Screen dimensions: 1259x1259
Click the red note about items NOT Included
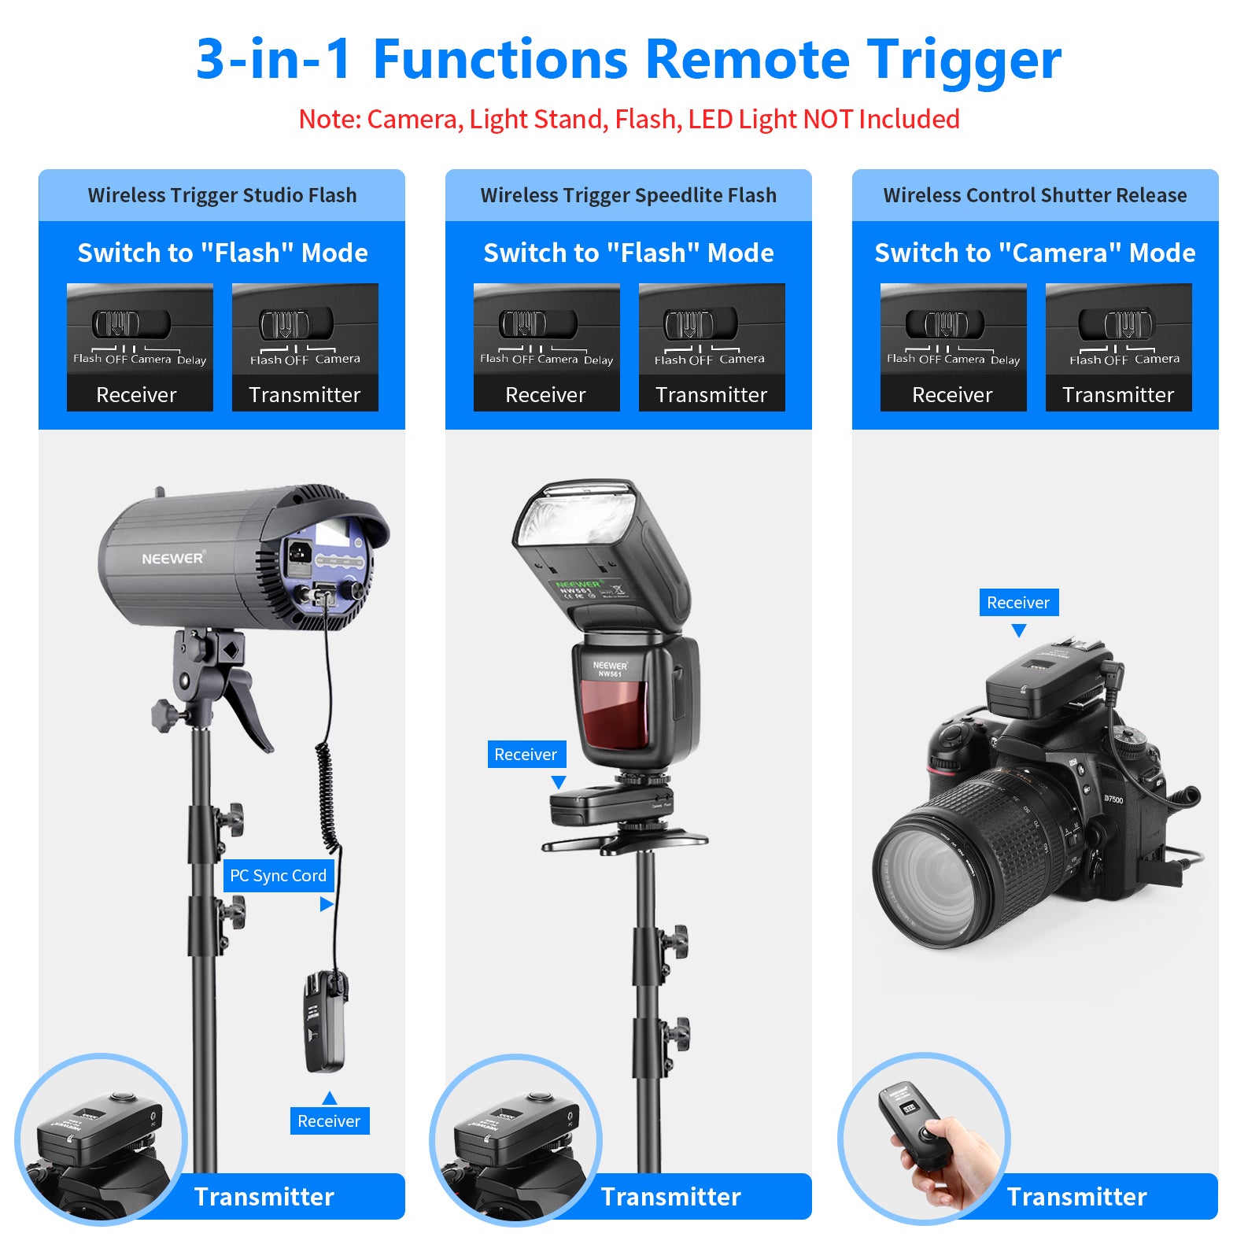click(629, 119)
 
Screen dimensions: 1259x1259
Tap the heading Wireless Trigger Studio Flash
click(222, 195)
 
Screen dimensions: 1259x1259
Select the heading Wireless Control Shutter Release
click(1035, 195)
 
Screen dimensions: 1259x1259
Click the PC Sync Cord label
click(278, 876)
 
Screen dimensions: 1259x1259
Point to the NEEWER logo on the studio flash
click(172, 559)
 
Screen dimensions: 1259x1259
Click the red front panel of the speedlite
click(615, 714)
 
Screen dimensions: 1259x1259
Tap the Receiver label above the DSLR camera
click(1018, 603)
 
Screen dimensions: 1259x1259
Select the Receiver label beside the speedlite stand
click(526, 755)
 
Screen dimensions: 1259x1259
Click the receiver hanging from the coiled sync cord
click(325, 1023)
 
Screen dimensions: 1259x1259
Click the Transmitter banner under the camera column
click(1076, 1197)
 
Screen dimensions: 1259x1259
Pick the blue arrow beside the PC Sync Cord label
click(326, 905)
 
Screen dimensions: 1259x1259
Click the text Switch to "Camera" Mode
click(1035, 253)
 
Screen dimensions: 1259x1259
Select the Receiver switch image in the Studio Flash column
click(139, 347)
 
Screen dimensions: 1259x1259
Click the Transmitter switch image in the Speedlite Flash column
click(711, 347)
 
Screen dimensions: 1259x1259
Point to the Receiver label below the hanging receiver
click(329, 1121)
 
